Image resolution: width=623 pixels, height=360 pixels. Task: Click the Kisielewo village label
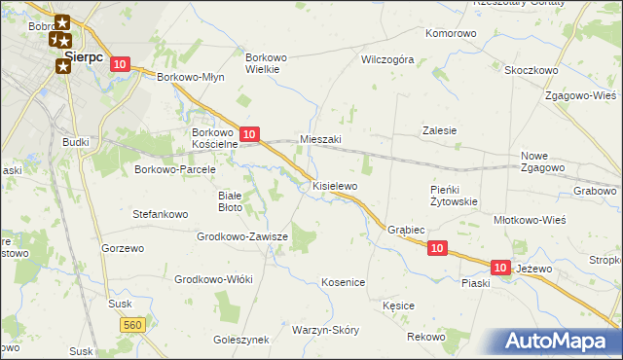[x=335, y=185]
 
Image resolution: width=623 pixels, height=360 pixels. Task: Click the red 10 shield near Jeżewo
[x=500, y=267]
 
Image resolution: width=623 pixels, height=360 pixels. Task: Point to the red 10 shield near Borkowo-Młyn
[x=119, y=64]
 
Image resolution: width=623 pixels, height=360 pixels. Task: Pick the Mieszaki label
[x=320, y=139]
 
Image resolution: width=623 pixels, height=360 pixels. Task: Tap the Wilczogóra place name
[x=387, y=59]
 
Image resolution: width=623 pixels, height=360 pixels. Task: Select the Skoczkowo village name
[x=531, y=70]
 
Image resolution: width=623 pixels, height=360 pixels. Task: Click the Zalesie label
[x=439, y=130]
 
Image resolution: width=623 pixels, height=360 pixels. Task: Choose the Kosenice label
[x=343, y=282]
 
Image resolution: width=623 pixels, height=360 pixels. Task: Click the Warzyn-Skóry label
[x=325, y=330]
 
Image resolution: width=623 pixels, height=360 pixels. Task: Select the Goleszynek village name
[x=239, y=341]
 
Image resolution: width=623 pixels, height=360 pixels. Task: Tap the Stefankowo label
[x=160, y=212]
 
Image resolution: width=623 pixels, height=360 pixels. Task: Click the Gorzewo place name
[x=123, y=248]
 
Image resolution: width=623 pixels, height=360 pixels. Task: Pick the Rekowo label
[x=425, y=337]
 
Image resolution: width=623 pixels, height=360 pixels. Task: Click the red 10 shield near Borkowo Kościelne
[x=249, y=133]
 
